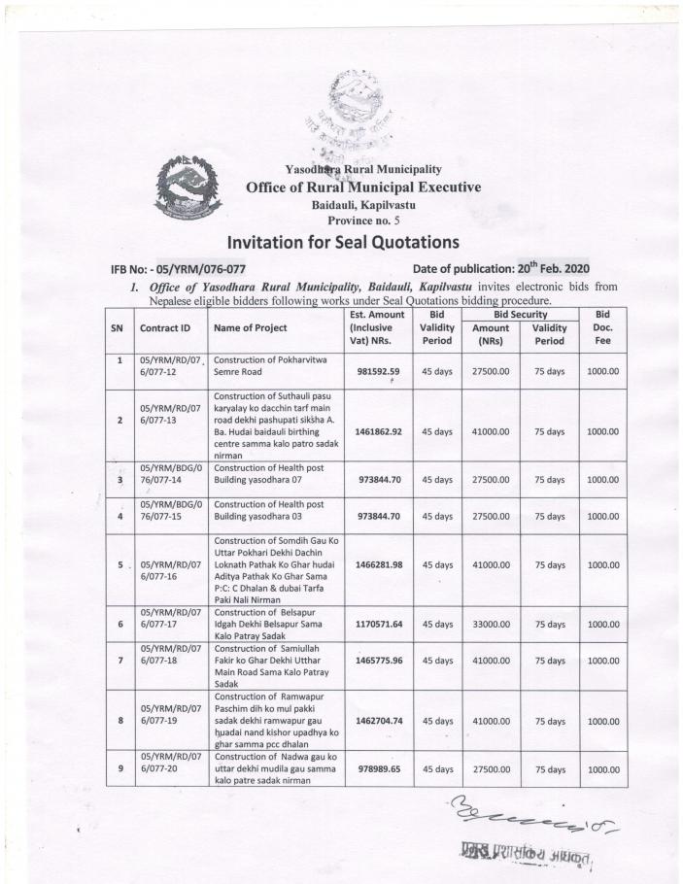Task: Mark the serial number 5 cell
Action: click(120, 564)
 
